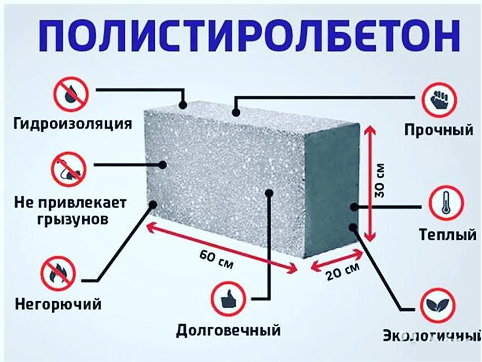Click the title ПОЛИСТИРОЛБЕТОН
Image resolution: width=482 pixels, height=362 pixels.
[x=249, y=36]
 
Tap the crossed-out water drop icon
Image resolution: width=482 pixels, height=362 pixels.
[x=71, y=94]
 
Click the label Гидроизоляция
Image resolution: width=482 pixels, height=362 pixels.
[x=73, y=124]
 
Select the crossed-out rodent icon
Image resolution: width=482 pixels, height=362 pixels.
[x=68, y=169]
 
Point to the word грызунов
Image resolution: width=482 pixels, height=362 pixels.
[x=73, y=219]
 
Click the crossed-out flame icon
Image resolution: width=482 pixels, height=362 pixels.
[x=58, y=273]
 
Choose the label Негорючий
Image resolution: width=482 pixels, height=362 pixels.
[x=58, y=304]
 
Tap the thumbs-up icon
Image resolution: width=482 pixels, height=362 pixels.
[x=228, y=299]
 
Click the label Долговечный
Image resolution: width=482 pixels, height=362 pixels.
[x=228, y=330]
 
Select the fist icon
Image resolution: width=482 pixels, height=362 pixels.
[x=439, y=100]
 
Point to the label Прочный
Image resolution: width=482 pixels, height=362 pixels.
[x=438, y=130]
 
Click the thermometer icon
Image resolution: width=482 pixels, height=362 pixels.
[x=446, y=203]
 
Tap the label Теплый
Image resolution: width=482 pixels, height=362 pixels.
[x=448, y=235]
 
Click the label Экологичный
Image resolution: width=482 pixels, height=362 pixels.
[x=432, y=335]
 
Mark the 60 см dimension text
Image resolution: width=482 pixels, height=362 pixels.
[x=216, y=259]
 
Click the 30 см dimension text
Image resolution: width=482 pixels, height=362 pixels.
[x=380, y=180]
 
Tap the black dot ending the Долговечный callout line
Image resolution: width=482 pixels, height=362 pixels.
[x=269, y=193]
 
